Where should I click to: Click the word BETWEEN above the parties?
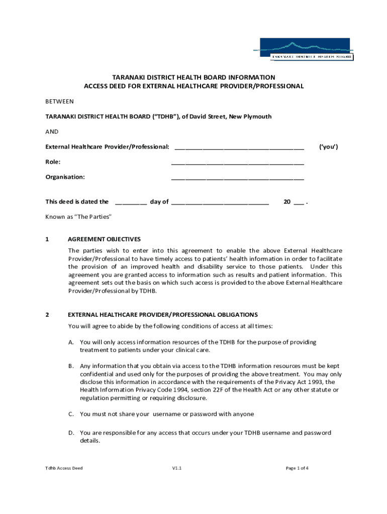(59, 101)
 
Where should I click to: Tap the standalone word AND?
(52, 132)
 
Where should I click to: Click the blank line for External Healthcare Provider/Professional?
(239, 148)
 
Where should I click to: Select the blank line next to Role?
(237, 163)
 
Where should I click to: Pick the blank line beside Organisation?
(237, 178)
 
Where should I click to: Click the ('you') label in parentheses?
(329, 147)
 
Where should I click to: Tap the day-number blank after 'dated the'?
(131, 203)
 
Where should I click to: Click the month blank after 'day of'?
(220, 203)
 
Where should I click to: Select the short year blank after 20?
(299, 203)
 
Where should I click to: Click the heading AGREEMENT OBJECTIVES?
(104, 239)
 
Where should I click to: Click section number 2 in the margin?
(47, 315)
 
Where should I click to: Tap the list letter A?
(72, 342)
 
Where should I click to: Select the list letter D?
(72, 433)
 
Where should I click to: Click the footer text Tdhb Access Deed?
(64, 468)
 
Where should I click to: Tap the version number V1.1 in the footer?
(176, 468)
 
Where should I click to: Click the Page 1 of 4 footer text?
(297, 468)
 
